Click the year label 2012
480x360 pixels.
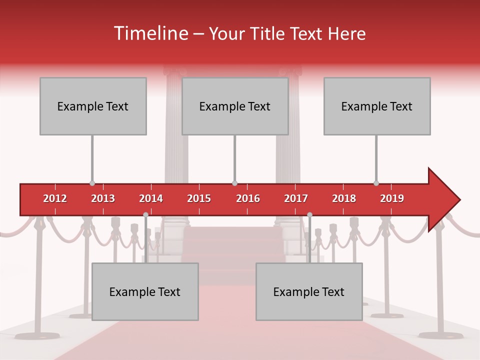(x=55, y=198)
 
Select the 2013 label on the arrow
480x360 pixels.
(x=103, y=198)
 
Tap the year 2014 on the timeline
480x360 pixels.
(x=151, y=198)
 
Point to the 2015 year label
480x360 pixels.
(x=199, y=198)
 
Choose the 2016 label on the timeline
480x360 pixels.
(x=248, y=198)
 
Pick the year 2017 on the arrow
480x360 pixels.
(x=296, y=198)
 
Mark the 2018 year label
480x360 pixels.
(x=344, y=198)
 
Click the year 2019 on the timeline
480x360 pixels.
(x=392, y=198)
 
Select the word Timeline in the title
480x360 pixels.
(x=150, y=33)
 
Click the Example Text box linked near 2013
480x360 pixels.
(x=93, y=106)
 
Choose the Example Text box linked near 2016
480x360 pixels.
(x=235, y=106)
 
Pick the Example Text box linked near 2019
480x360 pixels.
(x=377, y=106)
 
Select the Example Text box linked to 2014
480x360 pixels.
(x=145, y=291)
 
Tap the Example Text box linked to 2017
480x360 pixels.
(x=309, y=291)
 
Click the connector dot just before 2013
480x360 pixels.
(x=92, y=183)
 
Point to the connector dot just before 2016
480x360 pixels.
(x=234, y=183)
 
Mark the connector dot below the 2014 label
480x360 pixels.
(x=145, y=215)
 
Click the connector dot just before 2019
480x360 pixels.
(x=376, y=183)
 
